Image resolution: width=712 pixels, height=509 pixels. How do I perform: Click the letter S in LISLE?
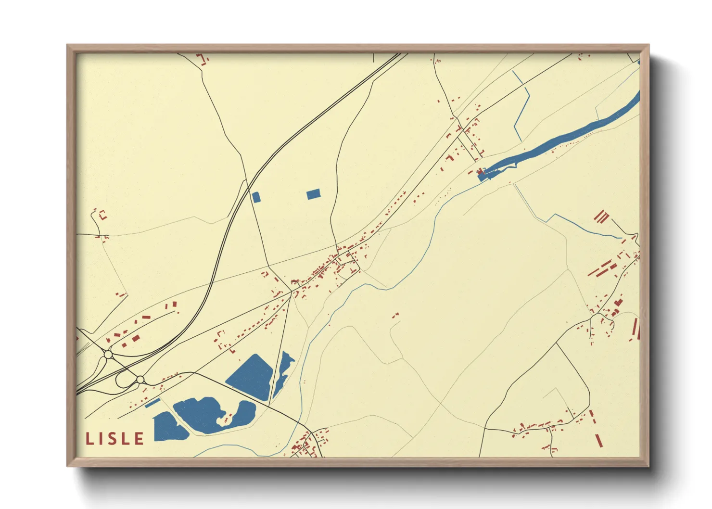[x=114, y=439]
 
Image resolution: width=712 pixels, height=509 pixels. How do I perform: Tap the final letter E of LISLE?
[x=139, y=439]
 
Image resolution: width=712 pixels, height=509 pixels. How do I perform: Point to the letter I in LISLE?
[x=101, y=439]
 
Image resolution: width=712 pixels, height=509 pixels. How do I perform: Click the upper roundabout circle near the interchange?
[x=108, y=355]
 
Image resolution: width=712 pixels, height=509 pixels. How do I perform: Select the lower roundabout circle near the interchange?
[x=140, y=380]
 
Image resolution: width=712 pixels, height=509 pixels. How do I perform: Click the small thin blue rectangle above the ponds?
[x=153, y=403]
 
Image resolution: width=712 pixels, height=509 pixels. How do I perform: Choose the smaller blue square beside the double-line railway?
[x=255, y=197]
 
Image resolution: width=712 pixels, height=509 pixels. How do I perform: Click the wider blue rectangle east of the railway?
[x=313, y=194]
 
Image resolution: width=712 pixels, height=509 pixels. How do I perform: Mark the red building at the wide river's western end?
[x=480, y=172]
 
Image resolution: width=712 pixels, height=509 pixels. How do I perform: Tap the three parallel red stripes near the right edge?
[x=601, y=217]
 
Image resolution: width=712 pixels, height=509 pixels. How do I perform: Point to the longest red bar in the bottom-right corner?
[x=598, y=440]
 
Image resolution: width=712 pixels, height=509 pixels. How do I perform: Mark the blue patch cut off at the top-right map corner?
[x=638, y=62]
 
